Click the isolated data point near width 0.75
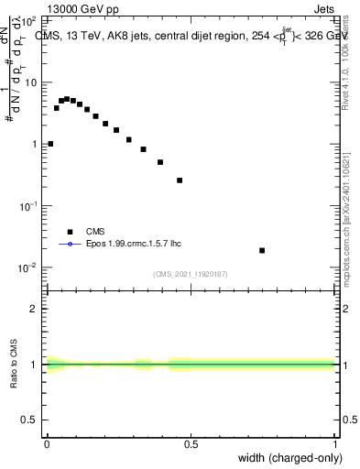click(262, 250)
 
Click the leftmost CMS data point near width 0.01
click(50, 144)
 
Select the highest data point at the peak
click(67, 98)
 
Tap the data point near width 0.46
click(180, 180)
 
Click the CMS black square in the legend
click(70, 232)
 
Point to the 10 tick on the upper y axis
click(29, 82)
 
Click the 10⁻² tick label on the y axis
click(27, 268)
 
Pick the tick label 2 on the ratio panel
click(35, 309)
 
